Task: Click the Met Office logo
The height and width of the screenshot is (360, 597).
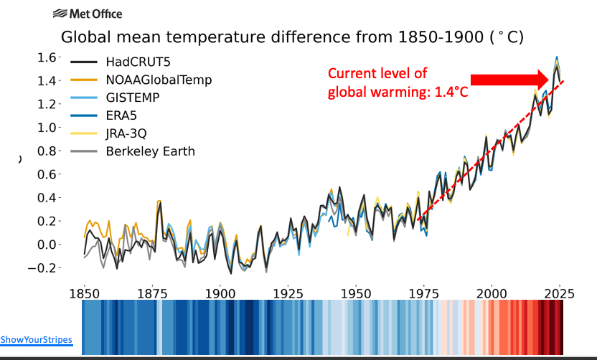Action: click(88, 14)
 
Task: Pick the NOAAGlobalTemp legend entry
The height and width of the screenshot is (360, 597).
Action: click(159, 80)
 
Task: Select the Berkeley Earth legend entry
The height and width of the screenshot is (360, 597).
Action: click(150, 151)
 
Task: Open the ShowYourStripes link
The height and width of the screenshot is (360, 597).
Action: click(36, 339)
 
